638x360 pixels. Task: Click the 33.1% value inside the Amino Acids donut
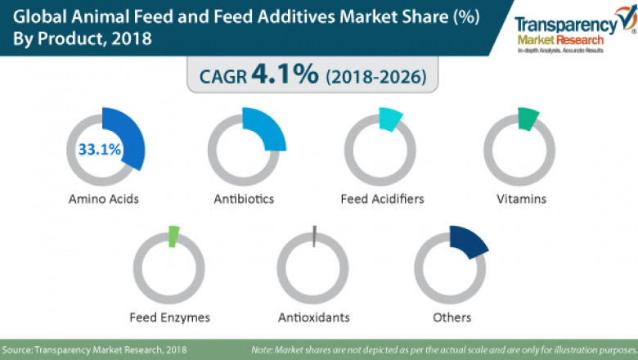point(100,150)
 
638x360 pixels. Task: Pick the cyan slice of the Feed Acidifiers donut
point(390,120)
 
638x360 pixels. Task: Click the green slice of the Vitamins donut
point(528,119)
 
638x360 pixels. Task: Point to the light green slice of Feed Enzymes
point(173,236)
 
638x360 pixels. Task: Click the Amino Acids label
point(104,199)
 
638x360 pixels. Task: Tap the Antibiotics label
point(244,199)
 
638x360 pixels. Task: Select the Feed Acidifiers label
point(382,199)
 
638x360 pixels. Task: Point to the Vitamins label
point(521,199)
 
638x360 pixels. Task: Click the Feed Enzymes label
point(170,317)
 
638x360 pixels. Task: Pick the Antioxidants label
point(314,317)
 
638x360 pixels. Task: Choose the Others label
point(453,317)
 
